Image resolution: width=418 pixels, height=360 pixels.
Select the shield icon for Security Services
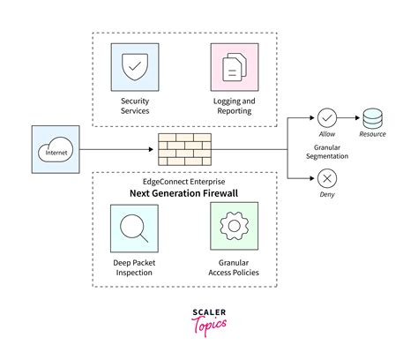(135, 67)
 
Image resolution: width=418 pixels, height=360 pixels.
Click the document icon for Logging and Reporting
(235, 67)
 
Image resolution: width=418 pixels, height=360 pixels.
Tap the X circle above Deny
(326, 178)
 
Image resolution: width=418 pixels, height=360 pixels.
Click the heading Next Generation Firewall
(185, 192)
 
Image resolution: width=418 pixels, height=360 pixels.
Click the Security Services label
(135, 106)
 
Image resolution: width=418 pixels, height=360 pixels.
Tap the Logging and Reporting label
(235, 106)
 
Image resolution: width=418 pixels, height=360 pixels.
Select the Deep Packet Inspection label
(135, 266)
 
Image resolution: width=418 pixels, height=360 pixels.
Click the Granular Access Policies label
(235, 266)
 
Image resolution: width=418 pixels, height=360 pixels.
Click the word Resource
(372, 133)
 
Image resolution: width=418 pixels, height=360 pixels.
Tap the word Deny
(326, 196)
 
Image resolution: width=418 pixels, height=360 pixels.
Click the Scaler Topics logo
(209, 321)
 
